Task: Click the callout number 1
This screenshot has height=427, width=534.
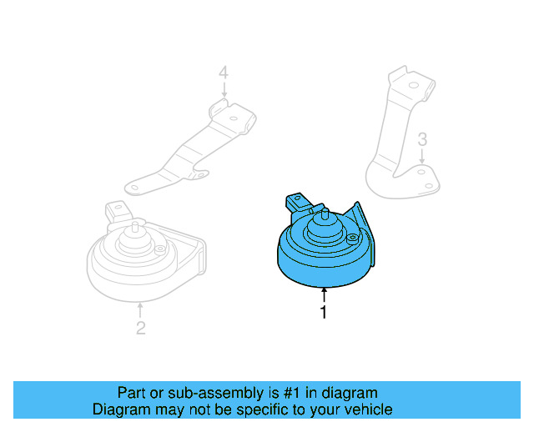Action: tap(323, 313)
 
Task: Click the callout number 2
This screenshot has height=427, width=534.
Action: tap(140, 328)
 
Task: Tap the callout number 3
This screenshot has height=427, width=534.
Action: tap(422, 138)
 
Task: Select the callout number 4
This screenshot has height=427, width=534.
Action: tap(223, 74)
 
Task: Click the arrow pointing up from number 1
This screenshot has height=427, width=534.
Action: tap(323, 294)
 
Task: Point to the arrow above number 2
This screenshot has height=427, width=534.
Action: tap(140, 310)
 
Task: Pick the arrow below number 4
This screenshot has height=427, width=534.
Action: tap(223, 92)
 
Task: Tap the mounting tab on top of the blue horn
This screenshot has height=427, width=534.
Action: tap(295, 201)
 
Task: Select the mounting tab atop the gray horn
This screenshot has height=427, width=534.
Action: tap(115, 208)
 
